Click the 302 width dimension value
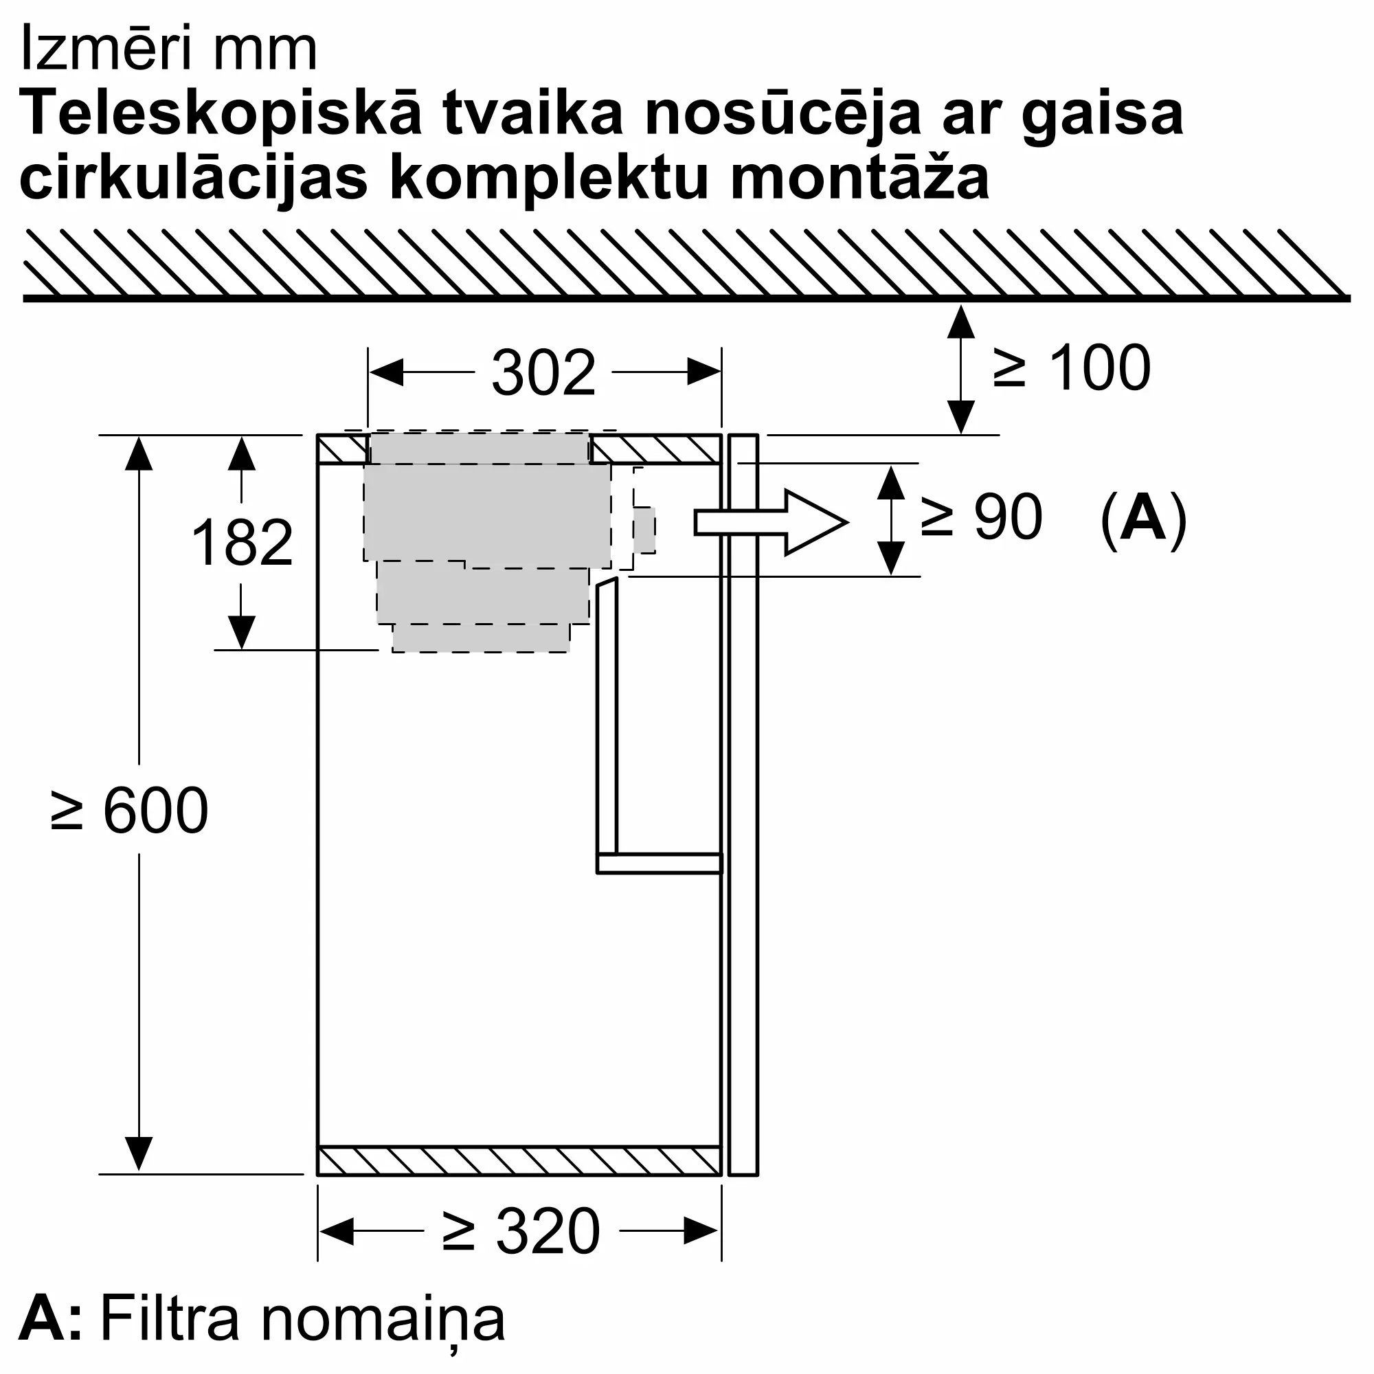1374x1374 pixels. pos(543,373)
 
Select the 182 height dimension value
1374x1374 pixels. pos(242,543)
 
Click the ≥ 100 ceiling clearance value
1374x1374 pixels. pos(1072,368)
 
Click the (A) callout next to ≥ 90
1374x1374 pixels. pos(1143,520)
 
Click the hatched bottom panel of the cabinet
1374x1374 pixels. pos(519,1161)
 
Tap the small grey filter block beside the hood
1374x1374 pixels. pos(644,530)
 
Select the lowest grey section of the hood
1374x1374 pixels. pos(481,638)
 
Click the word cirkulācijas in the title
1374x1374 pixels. pos(194,179)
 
